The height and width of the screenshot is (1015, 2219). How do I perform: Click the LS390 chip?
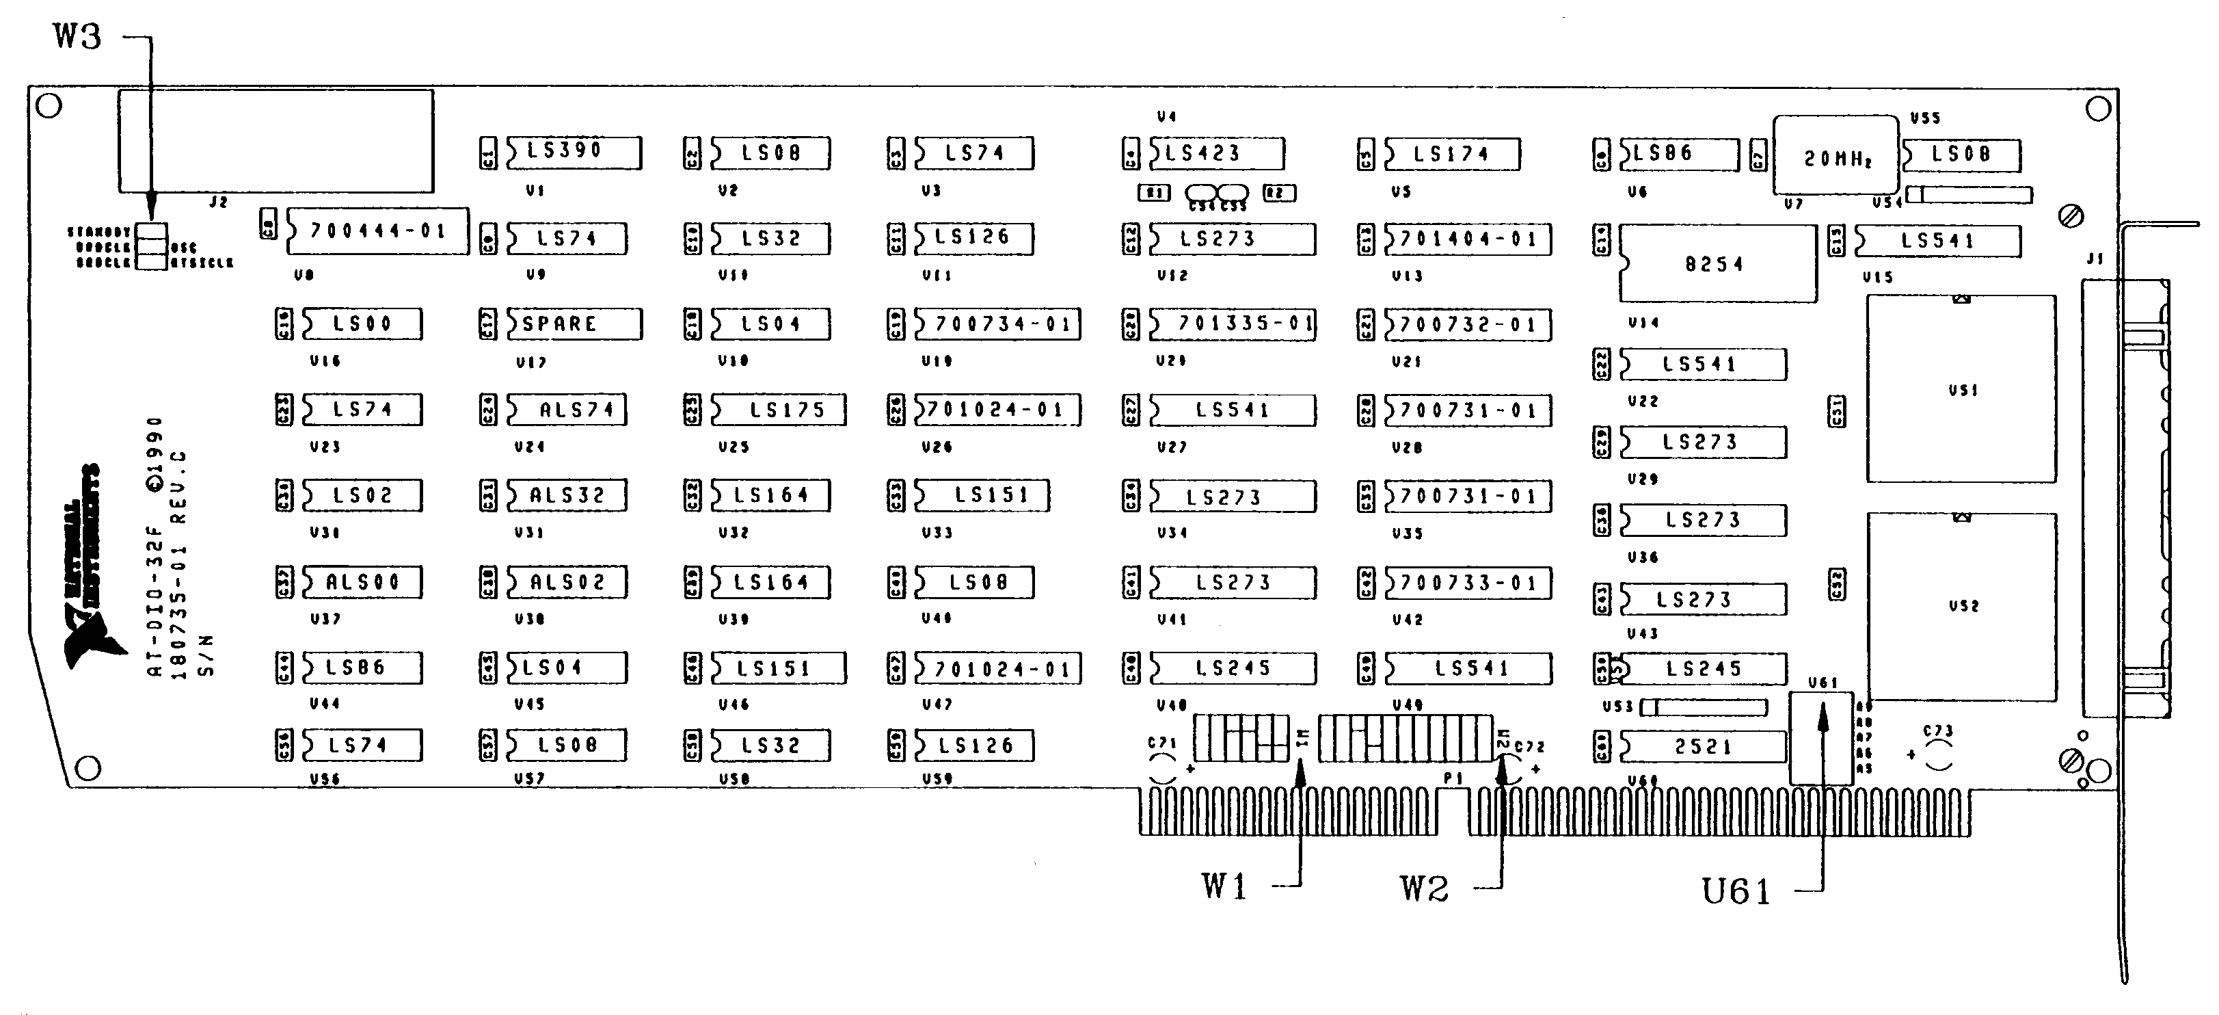pyautogui.click(x=573, y=152)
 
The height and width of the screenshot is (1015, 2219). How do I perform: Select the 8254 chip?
pyautogui.click(x=1717, y=263)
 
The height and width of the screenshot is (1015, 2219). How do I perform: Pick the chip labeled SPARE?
pyautogui.click(x=573, y=324)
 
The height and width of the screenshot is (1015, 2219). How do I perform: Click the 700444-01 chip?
pyautogui.click(x=377, y=231)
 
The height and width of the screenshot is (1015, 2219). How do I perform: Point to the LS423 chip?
pyautogui.click(x=1215, y=153)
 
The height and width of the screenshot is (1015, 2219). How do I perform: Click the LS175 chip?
pyautogui.click(x=778, y=409)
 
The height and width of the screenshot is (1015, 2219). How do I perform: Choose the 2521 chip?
pyautogui.click(x=1702, y=746)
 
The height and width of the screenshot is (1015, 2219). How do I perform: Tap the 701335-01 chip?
pyautogui.click(x=1232, y=324)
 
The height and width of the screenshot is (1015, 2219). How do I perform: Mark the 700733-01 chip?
pyautogui.click(x=1467, y=583)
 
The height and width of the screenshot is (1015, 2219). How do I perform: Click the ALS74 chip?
pyautogui.click(x=566, y=409)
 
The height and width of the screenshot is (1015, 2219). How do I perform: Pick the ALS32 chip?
pyautogui.click(x=566, y=495)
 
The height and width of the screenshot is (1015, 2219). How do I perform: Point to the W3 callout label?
pyautogui.click(x=77, y=36)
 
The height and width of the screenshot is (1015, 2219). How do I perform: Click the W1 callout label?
pyautogui.click(x=1224, y=885)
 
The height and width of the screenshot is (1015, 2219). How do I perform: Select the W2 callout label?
pyautogui.click(x=1424, y=888)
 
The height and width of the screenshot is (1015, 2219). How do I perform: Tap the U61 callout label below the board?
pyautogui.click(x=1736, y=891)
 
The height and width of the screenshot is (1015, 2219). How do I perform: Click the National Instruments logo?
pyautogui.click(x=83, y=568)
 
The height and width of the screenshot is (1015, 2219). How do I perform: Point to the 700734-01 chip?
pyautogui.click(x=997, y=324)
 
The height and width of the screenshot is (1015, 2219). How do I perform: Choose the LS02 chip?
pyautogui.click(x=362, y=495)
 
